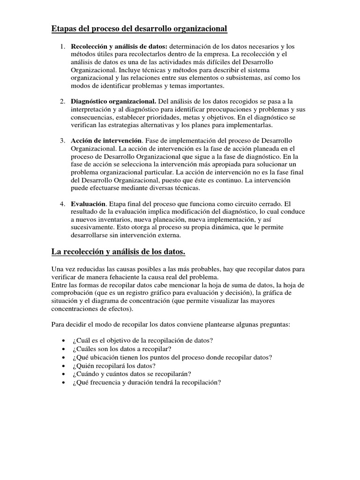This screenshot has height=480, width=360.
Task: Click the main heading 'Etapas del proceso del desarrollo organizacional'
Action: click(x=139, y=30)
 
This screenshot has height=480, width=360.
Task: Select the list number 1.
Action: click(x=62, y=47)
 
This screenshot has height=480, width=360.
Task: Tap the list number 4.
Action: click(x=62, y=204)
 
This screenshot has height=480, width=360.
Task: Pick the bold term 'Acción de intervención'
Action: click(x=106, y=141)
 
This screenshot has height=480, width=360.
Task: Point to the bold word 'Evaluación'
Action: click(x=89, y=204)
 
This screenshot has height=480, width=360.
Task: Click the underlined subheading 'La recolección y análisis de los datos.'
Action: click(x=118, y=253)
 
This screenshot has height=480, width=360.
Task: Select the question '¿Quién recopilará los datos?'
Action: click(x=114, y=365)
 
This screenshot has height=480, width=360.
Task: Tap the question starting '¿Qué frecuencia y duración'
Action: click(x=146, y=382)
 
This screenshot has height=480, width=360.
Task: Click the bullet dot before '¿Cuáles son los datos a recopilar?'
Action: click(x=63, y=349)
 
